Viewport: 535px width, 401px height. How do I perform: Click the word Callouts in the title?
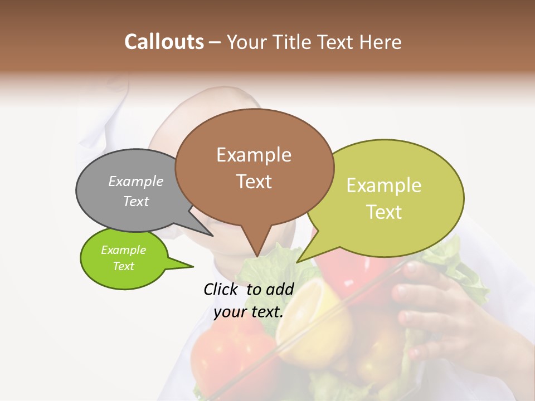click(x=164, y=42)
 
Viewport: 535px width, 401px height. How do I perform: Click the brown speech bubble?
click(x=254, y=167)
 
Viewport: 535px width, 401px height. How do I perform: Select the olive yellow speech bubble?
click(x=385, y=198)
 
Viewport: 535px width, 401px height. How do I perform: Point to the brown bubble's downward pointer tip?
click(x=256, y=256)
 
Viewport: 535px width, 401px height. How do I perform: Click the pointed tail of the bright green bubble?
click(x=192, y=267)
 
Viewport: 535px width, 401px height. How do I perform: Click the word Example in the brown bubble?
click(x=254, y=154)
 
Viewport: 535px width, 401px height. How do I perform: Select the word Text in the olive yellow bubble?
click(x=385, y=212)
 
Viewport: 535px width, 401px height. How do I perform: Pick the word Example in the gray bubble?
click(x=136, y=181)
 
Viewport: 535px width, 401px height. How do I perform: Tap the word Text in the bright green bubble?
click(x=124, y=266)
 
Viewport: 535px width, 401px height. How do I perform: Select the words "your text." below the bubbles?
click(x=249, y=312)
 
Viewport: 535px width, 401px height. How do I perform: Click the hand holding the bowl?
click(x=440, y=312)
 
